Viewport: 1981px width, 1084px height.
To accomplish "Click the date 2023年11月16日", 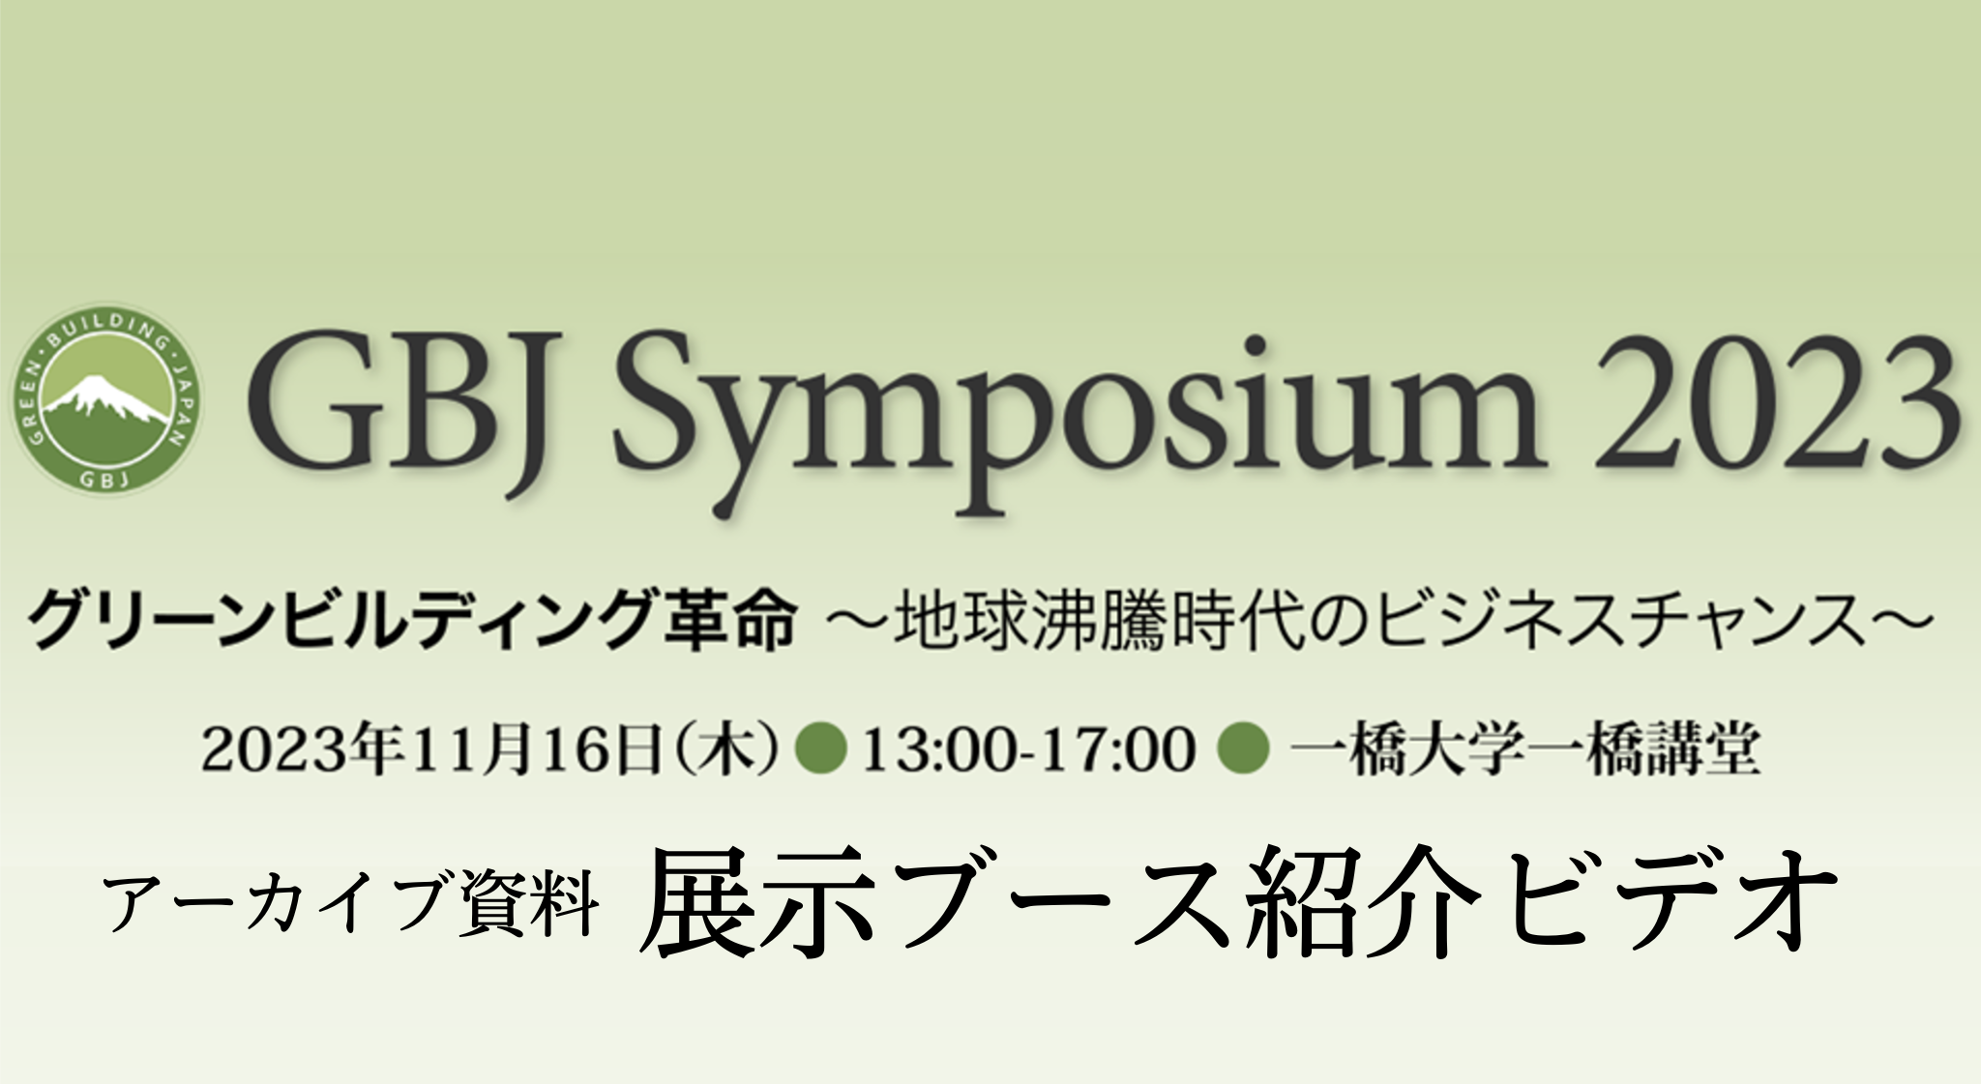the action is [431, 750].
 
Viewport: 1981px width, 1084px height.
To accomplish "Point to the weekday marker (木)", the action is [724, 750].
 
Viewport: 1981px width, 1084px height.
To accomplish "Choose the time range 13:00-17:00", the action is [1028, 750].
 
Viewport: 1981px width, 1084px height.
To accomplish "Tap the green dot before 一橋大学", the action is [1243, 750].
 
